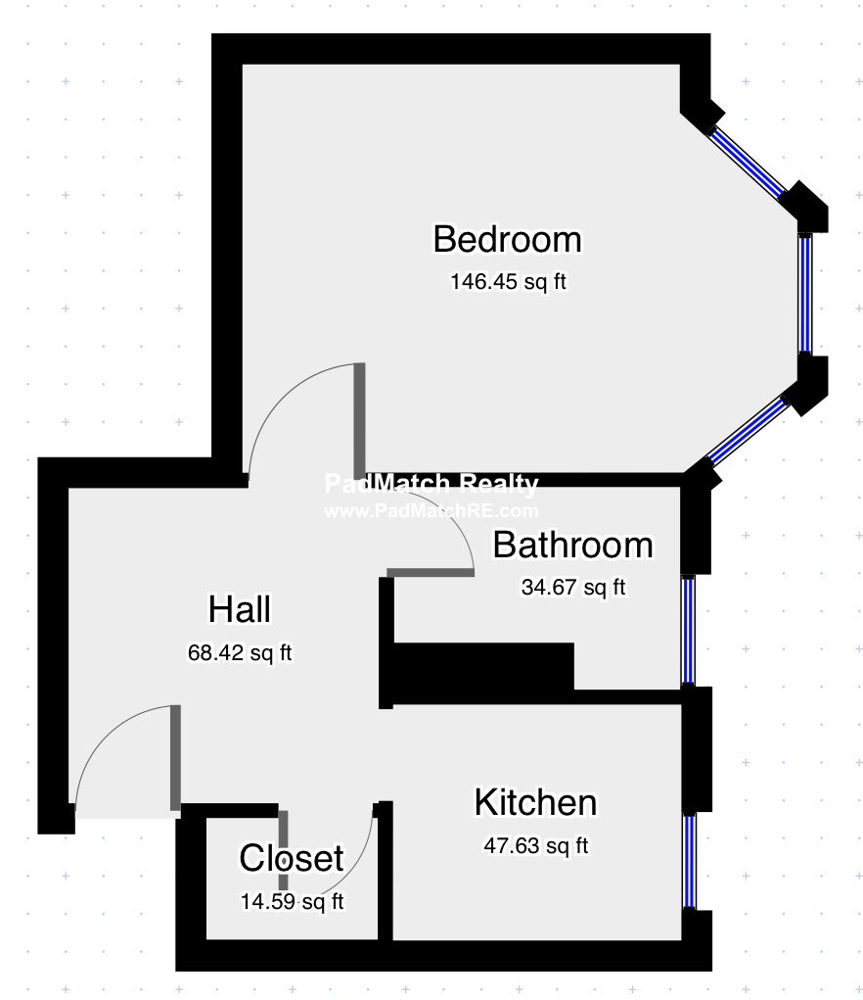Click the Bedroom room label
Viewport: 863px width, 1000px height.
[507, 239]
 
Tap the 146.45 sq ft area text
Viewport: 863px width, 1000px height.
[508, 281]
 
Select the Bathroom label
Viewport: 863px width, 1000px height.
[573, 546]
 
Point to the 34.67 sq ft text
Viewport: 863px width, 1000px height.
[573, 587]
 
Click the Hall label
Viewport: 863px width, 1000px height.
[240, 609]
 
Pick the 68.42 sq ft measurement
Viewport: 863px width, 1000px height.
[240, 652]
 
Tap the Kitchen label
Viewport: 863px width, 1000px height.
[535, 802]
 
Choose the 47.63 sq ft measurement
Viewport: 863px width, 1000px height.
[535, 845]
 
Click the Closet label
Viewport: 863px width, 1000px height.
[292, 858]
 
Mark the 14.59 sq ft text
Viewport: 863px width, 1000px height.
[292, 901]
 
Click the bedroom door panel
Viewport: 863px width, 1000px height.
[359, 419]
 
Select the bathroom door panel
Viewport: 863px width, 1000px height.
[431, 572]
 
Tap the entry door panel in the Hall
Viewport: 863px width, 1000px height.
[175, 758]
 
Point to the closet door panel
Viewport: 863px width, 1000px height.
[284, 850]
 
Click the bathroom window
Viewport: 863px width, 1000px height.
[688, 630]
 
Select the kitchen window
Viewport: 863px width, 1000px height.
[689, 861]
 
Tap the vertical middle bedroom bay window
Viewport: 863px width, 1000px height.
[805, 294]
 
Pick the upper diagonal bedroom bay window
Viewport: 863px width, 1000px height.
[749, 163]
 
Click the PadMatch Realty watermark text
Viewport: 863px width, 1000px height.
[431, 484]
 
